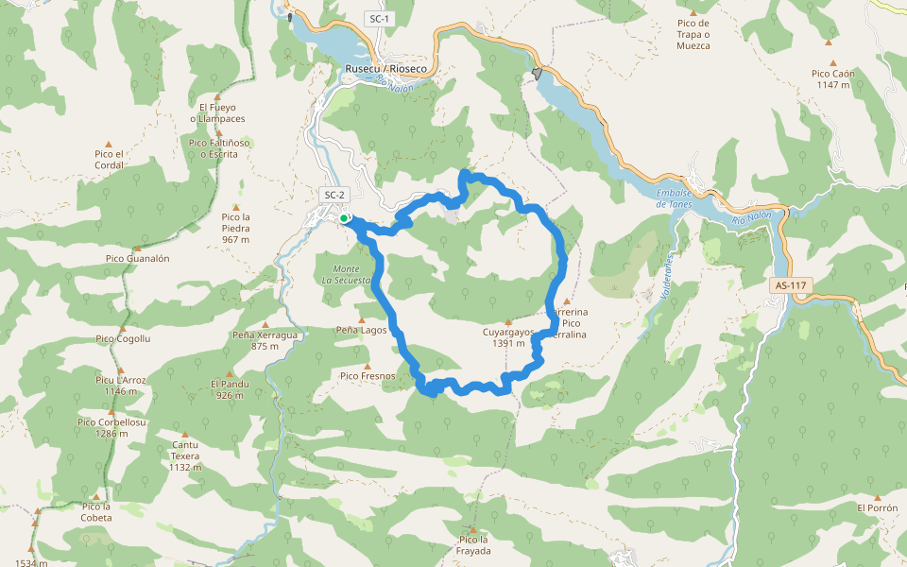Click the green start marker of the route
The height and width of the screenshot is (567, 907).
[344, 218]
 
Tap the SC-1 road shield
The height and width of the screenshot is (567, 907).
[378, 19]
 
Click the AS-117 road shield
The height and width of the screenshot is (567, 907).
[792, 284]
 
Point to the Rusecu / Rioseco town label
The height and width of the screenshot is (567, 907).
[386, 69]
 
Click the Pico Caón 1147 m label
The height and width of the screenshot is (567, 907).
[832, 78]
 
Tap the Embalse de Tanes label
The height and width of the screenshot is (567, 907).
[675, 199]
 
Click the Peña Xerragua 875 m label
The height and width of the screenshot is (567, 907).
[265, 340]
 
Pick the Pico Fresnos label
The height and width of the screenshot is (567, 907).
[368, 376]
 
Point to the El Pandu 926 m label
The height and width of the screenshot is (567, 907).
[230, 389]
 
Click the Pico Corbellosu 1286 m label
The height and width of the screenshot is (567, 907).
[111, 428]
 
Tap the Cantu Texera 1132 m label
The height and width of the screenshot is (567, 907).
[185, 455]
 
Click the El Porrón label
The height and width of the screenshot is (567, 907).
[877, 507]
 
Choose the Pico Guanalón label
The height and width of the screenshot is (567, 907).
[137, 258]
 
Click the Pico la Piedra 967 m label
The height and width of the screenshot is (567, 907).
[236, 228]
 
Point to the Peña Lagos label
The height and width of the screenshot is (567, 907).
[362, 331]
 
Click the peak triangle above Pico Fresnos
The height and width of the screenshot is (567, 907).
[368, 366]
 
